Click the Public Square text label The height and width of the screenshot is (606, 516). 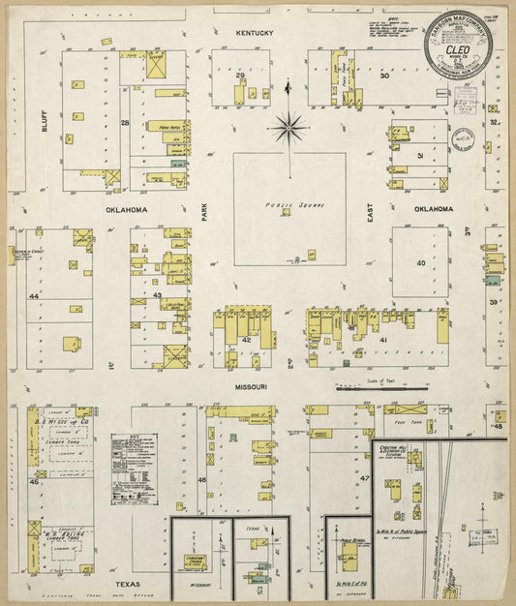point(288,205)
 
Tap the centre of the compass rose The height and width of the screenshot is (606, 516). point(288,124)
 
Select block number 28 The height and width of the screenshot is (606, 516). point(124,123)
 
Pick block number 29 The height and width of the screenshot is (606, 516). point(239,75)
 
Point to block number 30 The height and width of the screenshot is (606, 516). point(384,75)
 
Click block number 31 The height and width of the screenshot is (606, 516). point(420,156)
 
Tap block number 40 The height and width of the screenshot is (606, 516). point(420,262)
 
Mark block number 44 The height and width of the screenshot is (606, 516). point(33,295)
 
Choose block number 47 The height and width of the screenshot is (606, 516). point(365,479)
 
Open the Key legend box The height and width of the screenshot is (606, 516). point(133,469)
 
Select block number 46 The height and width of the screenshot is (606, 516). point(202,479)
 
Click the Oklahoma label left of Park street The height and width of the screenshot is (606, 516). point(126,209)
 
